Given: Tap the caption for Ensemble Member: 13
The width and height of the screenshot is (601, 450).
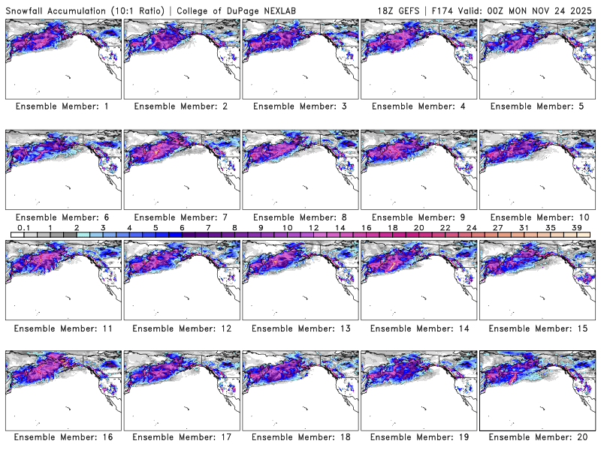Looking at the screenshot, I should (300, 328).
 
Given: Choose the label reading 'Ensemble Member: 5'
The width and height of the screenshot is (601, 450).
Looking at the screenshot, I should (537, 106).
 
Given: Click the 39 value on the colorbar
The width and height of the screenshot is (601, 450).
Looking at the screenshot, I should (576, 227).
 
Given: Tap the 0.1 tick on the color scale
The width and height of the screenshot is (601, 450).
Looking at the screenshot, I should (23, 227).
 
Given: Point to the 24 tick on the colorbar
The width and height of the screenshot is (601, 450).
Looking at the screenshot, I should (471, 227).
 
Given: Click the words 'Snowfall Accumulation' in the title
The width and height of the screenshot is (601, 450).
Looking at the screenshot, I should (53, 9).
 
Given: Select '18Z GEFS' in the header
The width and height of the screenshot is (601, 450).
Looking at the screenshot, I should (400, 9).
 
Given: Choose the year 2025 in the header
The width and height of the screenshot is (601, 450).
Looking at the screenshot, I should (584, 9).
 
